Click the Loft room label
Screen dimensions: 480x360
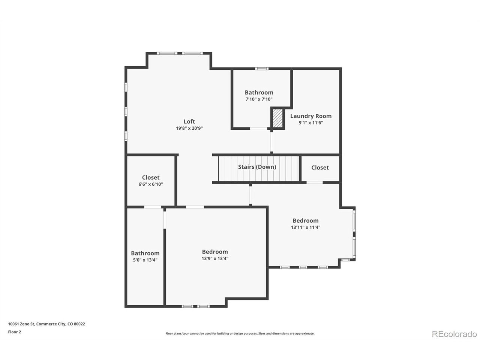pyautogui.click(x=189, y=121)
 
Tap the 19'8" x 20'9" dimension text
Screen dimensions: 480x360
pyautogui.click(x=189, y=128)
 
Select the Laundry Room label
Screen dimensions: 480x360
pyautogui.click(x=310, y=116)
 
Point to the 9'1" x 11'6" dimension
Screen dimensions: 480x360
pyautogui.click(x=310, y=123)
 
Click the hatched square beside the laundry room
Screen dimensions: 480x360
pyautogui.click(x=277, y=118)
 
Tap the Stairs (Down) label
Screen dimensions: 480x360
pyautogui.click(x=257, y=167)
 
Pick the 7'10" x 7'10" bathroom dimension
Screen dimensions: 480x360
pyautogui.click(x=259, y=99)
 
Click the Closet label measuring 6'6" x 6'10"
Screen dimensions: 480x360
pyautogui.click(x=151, y=177)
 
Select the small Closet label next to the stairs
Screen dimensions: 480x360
pyautogui.click(x=320, y=167)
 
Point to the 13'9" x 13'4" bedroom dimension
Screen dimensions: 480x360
pyautogui.click(x=215, y=258)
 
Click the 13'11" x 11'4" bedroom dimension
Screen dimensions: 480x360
pyautogui.click(x=306, y=227)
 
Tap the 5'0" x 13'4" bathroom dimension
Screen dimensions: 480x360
pyautogui.click(x=145, y=260)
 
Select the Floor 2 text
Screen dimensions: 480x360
pyautogui.click(x=14, y=332)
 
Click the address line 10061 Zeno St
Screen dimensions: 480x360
pyautogui.click(x=46, y=324)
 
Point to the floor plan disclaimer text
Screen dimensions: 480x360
pyautogui.click(x=240, y=333)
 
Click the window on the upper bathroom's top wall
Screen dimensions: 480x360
pyautogui.click(x=262, y=69)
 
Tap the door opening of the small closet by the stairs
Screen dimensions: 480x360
pyautogui.click(x=315, y=182)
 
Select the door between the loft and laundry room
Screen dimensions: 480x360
pyautogui.click(x=271, y=142)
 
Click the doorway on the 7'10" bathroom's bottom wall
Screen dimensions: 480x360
pyautogui.click(x=258, y=129)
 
